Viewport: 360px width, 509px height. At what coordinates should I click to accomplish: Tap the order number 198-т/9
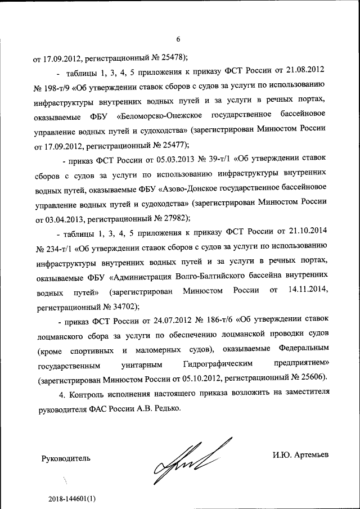(55, 88)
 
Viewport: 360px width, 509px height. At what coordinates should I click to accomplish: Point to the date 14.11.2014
(307, 291)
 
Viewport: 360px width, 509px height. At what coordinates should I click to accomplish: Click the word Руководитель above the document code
(66, 458)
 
